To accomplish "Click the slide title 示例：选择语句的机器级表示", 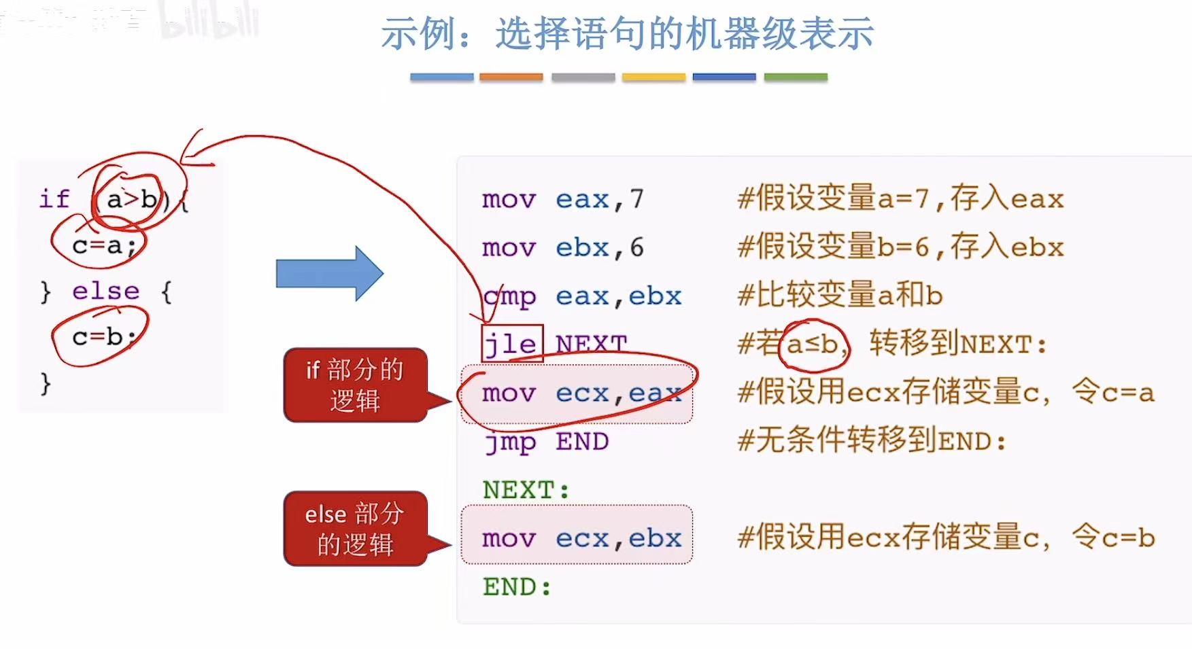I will point(627,33).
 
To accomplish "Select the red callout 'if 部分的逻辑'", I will point(355,385).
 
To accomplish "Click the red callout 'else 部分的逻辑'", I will point(355,529).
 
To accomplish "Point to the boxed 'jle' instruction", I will point(511,344).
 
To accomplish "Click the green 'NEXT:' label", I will point(526,490).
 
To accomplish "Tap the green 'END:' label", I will point(517,587).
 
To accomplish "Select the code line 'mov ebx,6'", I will point(562,247).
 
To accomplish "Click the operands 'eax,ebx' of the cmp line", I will point(618,296).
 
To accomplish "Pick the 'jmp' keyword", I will point(510,442).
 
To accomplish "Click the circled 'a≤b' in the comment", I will point(813,345).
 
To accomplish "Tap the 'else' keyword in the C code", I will point(105,291).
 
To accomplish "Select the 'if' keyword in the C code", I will point(54,199).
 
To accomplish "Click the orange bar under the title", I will point(511,77).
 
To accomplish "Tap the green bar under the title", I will point(796,77).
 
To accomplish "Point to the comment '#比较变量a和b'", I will point(840,296).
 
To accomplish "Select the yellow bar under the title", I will point(653,77).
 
